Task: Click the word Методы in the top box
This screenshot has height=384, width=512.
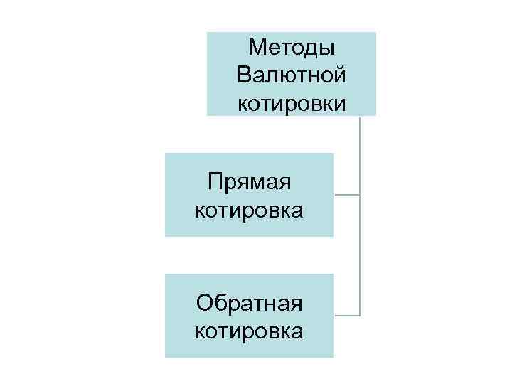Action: tap(292, 48)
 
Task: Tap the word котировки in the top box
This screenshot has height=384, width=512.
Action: tap(292, 104)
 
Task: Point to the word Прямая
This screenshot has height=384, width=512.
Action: tap(250, 183)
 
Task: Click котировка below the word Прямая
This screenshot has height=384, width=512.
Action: tap(249, 210)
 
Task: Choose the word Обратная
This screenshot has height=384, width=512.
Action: tap(250, 304)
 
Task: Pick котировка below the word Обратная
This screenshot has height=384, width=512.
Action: tap(249, 331)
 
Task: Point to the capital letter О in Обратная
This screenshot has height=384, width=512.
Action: tap(206, 304)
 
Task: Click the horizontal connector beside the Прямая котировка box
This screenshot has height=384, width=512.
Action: tap(347, 194)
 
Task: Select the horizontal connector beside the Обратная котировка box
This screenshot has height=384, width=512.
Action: tap(347, 315)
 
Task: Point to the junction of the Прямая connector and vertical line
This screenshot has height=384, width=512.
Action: tap(361, 194)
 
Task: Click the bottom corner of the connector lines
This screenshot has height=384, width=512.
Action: tap(361, 315)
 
